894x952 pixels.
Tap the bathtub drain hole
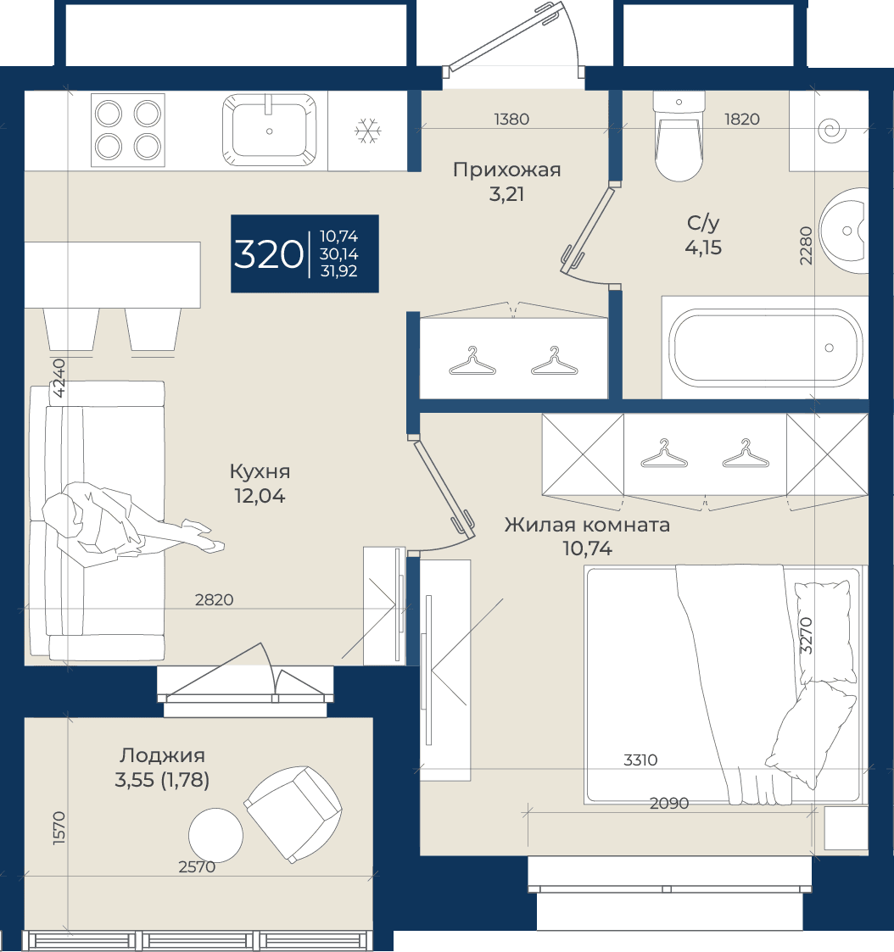829,348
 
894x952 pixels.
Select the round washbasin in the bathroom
844,231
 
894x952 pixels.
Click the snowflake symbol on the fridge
368,131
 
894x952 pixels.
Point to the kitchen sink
269,130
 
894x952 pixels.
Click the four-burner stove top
128,130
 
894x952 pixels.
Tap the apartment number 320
268,253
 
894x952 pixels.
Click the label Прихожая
506,170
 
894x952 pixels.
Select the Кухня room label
260,471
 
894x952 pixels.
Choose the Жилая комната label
587,525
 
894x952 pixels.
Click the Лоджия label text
162,755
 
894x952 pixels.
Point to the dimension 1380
511,119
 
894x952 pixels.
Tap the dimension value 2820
214,600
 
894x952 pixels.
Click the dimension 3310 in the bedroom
640,760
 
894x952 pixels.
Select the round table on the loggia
215,835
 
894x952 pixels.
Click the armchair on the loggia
293,814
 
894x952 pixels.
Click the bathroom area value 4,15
703,248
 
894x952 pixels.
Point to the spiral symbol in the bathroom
831,130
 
